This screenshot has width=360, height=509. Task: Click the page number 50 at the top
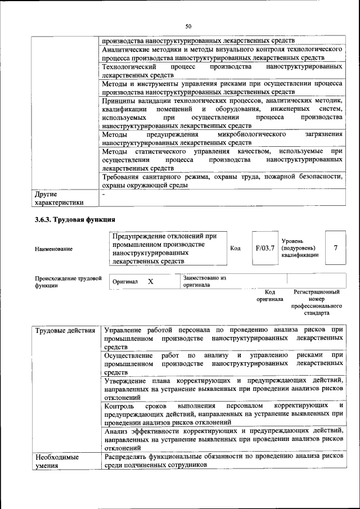pyautogui.click(x=188, y=25)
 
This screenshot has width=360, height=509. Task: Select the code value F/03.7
pyautogui.click(x=264, y=248)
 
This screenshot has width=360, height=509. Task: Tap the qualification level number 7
pyautogui.click(x=336, y=248)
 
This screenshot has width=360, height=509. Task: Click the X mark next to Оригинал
pyautogui.click(x=151, y=281)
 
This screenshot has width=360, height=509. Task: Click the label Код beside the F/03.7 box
pyautogui.click(x=236, y=248)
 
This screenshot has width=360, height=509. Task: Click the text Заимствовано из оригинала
pyautogui.click(x=204, y=281)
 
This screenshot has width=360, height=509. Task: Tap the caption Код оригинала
pyautogui.click(x=270, y=296)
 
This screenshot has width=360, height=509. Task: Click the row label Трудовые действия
pyautogui.click(x=65, y=330)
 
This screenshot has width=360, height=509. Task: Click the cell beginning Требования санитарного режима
pyautogui.click(x=223, y=181)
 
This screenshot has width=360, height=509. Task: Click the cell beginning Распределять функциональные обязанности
pyautogui.click(x=223, y=462)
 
